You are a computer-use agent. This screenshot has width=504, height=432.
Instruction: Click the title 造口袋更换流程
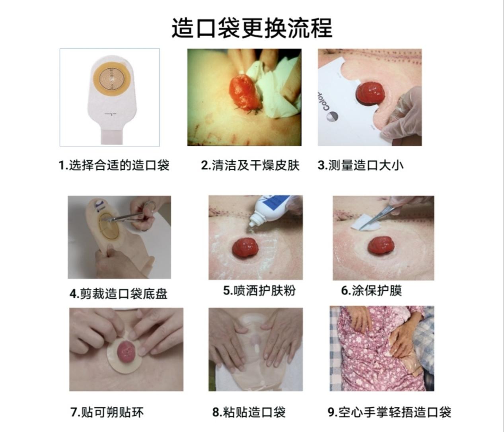(x=251, y=28)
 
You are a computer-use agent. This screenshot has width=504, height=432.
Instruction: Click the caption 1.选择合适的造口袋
(x=114, y=165)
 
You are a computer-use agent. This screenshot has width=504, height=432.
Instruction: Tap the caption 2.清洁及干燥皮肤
(x=250, y=165)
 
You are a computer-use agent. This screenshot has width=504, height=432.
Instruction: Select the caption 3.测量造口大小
(x=360, y=165)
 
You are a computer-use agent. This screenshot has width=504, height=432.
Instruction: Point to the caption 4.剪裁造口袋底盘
(x=119, y=294)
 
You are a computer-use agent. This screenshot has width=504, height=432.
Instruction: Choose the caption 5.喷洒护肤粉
(x=259, y=290)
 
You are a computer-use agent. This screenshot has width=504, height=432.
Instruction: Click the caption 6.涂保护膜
(x=372, y=290)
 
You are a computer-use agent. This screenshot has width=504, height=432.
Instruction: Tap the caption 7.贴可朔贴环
(x=107, y=412)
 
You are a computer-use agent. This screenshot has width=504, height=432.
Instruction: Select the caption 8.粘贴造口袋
(x=249, y=412)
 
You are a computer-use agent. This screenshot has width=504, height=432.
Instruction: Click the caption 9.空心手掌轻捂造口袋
(x=389, y=412)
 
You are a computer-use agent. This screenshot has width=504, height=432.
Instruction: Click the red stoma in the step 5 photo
(x=245, y=247)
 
